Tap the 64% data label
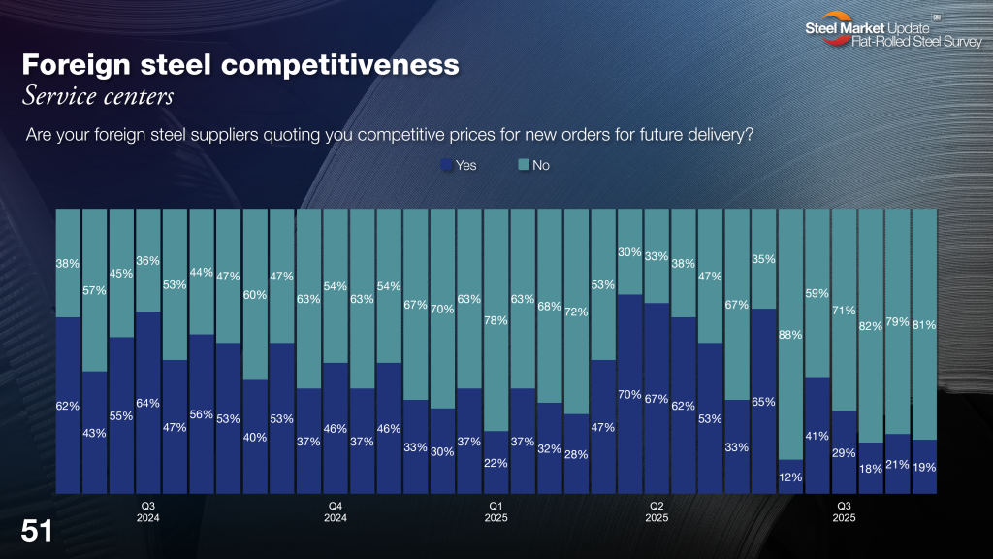[148, 403]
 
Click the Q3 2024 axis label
[148, 511]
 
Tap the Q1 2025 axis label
[496, 511]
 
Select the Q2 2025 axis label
[657, 511]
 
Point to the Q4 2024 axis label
[336, 511]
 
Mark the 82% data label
[871, 326]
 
